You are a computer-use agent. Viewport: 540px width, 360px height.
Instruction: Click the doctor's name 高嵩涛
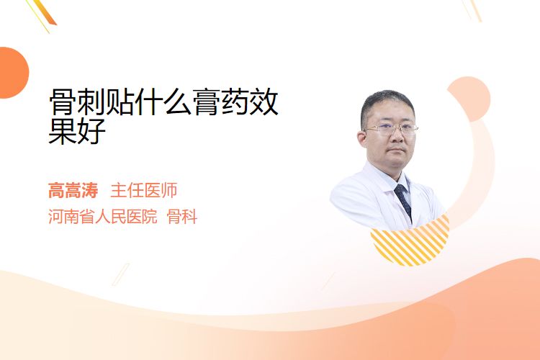point(73,191)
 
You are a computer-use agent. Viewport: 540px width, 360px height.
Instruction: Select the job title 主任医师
point(143,191)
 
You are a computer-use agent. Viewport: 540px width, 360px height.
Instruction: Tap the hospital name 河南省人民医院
point(102,217)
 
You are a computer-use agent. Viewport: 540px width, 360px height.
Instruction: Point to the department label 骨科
point(182,217)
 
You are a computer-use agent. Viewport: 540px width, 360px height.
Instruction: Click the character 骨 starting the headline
point(63,102)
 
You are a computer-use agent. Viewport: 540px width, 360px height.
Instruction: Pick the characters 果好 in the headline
point(77,131)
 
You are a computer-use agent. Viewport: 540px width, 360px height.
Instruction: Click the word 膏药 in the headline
point(221,102)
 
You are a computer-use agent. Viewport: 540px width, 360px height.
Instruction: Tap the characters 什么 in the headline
point(163,102)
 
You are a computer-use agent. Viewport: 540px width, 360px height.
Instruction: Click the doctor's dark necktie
point(404,201)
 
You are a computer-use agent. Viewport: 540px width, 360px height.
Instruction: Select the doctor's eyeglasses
point(390,129)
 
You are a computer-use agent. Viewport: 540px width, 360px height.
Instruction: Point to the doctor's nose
point(397,137)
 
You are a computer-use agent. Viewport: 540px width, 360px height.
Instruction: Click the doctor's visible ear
point(362,138)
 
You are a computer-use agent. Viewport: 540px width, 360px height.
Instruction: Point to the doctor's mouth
point(397,150)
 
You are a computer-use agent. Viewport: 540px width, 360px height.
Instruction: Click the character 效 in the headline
point(264,102)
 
